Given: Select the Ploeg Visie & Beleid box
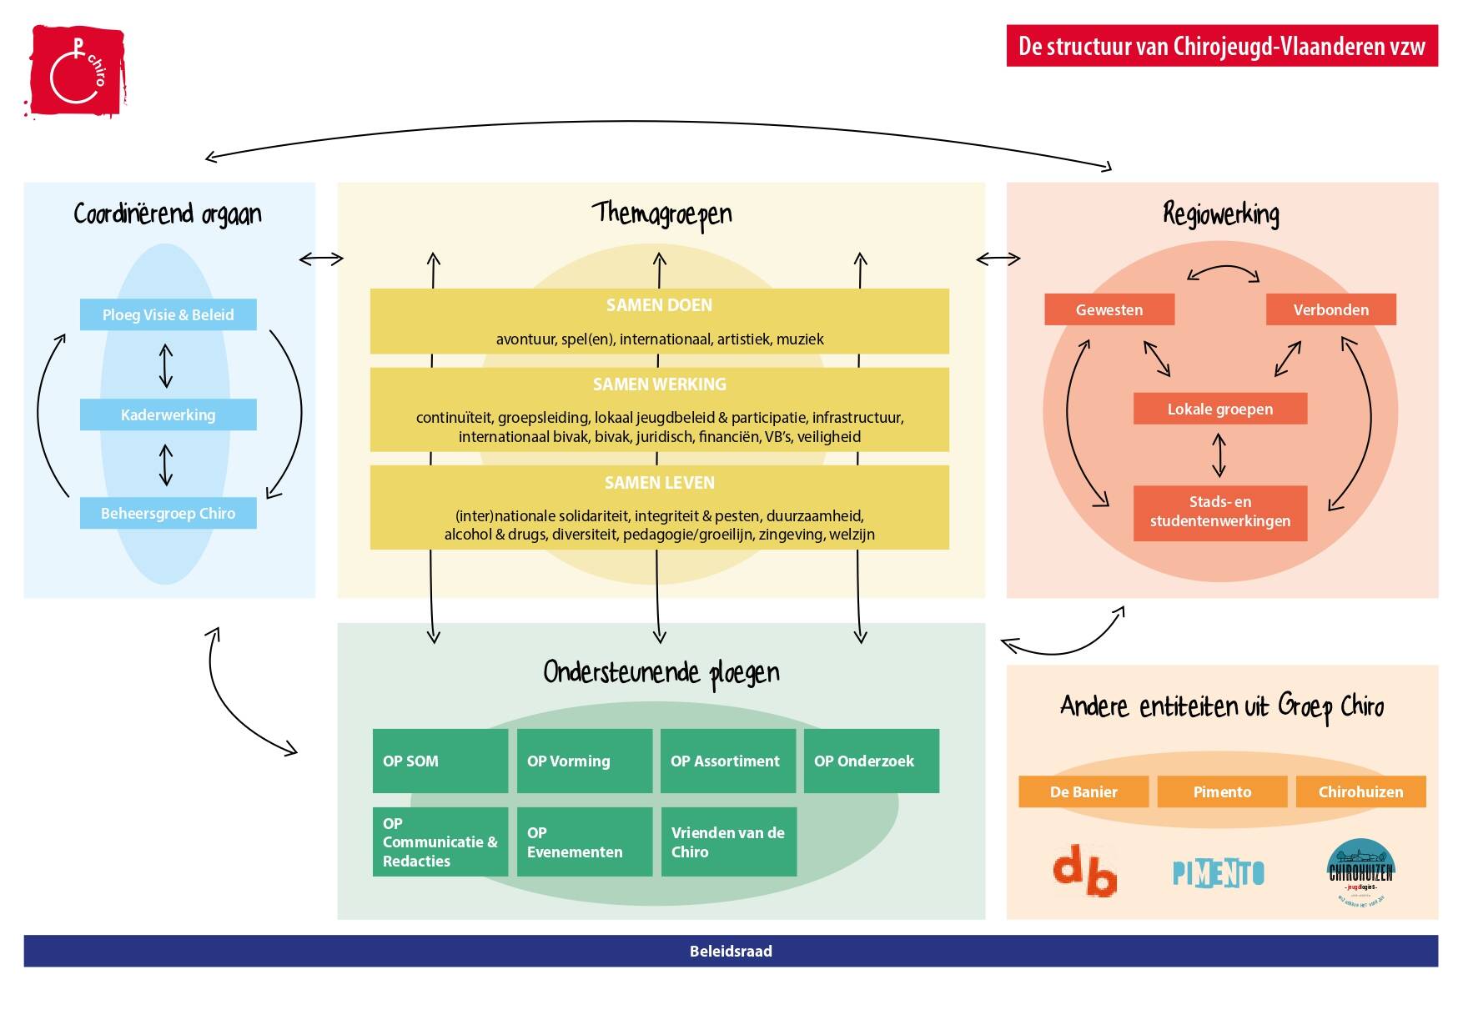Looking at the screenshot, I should point(168,314).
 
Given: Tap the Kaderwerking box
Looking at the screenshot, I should point(168,415).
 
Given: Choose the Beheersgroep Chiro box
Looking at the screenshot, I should point(168,513).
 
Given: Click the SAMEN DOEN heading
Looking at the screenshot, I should point(659,305).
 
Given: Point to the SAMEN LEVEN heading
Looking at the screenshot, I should point(659,483).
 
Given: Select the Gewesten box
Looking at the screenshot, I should point(1109,309).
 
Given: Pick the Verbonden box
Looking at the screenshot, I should point(1330,309).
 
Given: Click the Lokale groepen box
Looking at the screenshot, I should point(1219,409).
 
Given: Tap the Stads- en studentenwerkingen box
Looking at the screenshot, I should point(1219,511).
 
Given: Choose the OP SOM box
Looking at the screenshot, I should point(440,761).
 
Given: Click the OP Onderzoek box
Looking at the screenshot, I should point(871,761).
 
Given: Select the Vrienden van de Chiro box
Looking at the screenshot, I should point(728,842).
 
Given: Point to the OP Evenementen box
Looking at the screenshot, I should point(584,842).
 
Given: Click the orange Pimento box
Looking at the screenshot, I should point(1222,791).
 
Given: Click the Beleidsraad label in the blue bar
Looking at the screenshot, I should point(731,951).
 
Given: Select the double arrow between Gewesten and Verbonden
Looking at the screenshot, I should point(1223,272).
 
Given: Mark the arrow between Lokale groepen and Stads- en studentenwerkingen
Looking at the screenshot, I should point(1219,455).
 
